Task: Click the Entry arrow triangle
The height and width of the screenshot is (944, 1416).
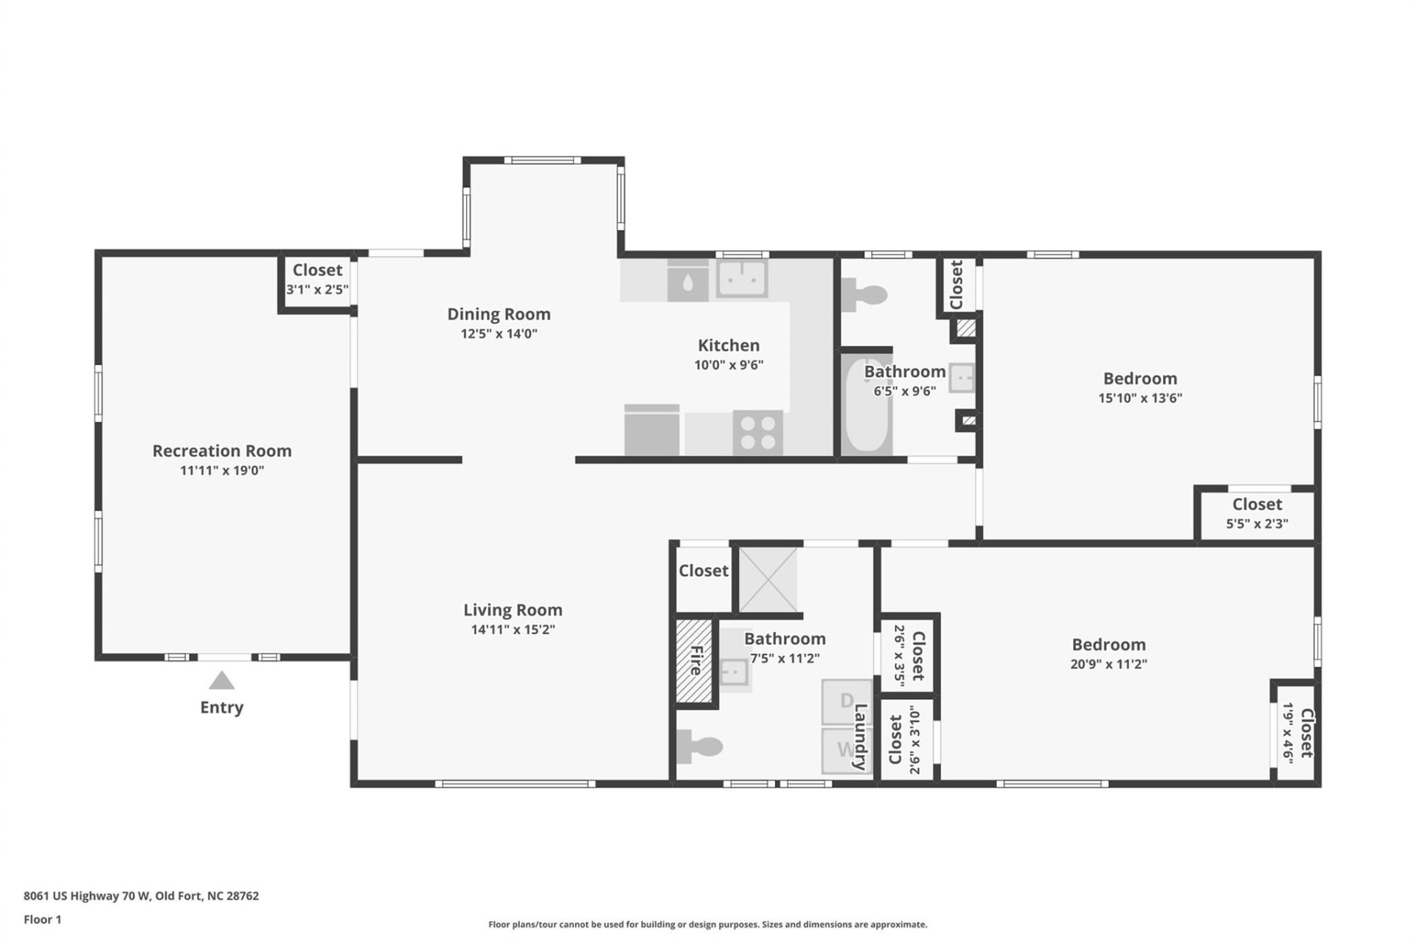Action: [221, 680]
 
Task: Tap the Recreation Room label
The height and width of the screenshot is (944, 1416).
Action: [222, 451]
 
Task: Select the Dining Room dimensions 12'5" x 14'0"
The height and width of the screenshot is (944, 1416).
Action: [499, 333]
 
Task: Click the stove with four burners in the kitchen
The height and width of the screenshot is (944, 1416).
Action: [757, 433]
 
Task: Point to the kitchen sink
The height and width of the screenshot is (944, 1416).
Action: [742, 278]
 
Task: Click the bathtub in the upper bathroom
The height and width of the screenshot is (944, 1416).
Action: [867, 406]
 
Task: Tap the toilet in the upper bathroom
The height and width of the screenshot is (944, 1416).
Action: [864, 295]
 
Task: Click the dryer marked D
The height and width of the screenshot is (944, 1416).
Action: [847, 701]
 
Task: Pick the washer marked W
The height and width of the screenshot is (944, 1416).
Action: [847, 751]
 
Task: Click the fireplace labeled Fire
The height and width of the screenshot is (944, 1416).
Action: [695, 661]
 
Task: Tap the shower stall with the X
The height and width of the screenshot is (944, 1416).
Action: [768, 580]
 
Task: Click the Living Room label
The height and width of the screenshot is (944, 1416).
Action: [513, 610]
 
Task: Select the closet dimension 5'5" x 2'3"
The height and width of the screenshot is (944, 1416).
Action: [1257, 524]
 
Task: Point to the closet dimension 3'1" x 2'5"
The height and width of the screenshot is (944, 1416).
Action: [317, 289]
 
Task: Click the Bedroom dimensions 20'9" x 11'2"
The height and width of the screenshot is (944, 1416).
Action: [1108, 664]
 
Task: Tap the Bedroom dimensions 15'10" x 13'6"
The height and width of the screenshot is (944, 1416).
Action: [1140, 398]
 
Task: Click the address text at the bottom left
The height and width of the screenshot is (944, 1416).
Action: [141, 896]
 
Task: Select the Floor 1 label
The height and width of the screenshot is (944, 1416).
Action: [43, 920]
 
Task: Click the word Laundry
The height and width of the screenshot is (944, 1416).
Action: [860, 737]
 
